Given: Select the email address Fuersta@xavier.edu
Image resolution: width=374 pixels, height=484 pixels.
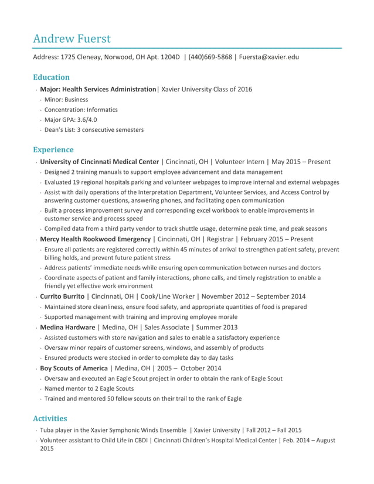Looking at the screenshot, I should (268, 57).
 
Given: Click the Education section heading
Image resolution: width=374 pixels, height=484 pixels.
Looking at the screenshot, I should (51, 77).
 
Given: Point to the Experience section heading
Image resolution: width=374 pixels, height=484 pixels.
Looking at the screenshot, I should (53, 149).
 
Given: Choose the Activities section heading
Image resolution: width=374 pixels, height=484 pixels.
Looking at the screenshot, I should (50, 418).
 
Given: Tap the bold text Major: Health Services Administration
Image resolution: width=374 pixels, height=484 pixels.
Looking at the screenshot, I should (98, 90).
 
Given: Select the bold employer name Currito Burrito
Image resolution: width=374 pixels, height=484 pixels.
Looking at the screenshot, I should (62, 296).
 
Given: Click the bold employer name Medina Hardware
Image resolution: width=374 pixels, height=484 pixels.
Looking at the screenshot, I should (67, 327).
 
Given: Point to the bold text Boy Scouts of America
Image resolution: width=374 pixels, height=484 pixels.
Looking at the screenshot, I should (74, 368).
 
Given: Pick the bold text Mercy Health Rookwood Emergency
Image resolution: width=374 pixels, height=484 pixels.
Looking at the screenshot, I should (95, 239).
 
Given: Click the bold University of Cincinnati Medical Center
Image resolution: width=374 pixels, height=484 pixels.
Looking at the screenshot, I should (99, 162).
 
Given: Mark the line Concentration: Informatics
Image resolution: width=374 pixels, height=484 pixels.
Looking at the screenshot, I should (81, 110).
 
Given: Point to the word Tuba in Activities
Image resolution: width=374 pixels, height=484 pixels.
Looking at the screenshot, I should (47, 430).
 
